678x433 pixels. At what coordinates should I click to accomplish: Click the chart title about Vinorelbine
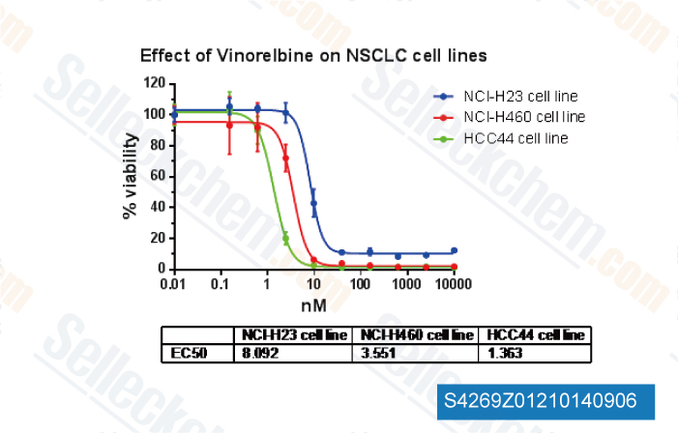click(312, 55)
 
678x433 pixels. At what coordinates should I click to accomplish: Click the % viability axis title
click(131, 176)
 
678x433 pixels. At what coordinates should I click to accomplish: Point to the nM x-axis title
click(312, 305)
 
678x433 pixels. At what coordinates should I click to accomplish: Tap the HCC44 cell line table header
click(535, 335)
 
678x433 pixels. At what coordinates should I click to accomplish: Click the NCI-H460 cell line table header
click(417, 335)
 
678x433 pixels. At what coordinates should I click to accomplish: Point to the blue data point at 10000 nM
click(454, 250)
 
